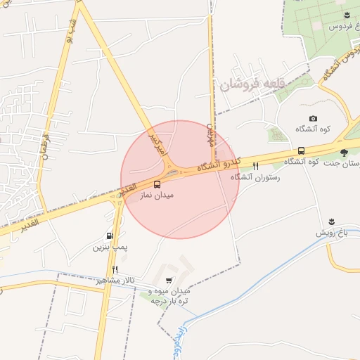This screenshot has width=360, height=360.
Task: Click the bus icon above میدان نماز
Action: pos(157,184)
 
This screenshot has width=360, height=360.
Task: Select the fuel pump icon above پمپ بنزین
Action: pos(109,236)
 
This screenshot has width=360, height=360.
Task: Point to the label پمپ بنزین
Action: pos(109,247)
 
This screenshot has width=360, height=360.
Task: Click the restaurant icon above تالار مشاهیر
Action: pos(115,269)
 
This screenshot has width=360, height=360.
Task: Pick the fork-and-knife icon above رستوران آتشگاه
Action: pos(255,167)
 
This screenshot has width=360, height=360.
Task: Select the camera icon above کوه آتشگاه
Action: pos(313,119)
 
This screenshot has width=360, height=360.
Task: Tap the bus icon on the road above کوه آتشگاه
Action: pos(301,150)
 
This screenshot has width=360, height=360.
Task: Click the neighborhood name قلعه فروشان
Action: pos(252,85)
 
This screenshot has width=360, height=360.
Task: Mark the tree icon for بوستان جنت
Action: pos(344,152)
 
